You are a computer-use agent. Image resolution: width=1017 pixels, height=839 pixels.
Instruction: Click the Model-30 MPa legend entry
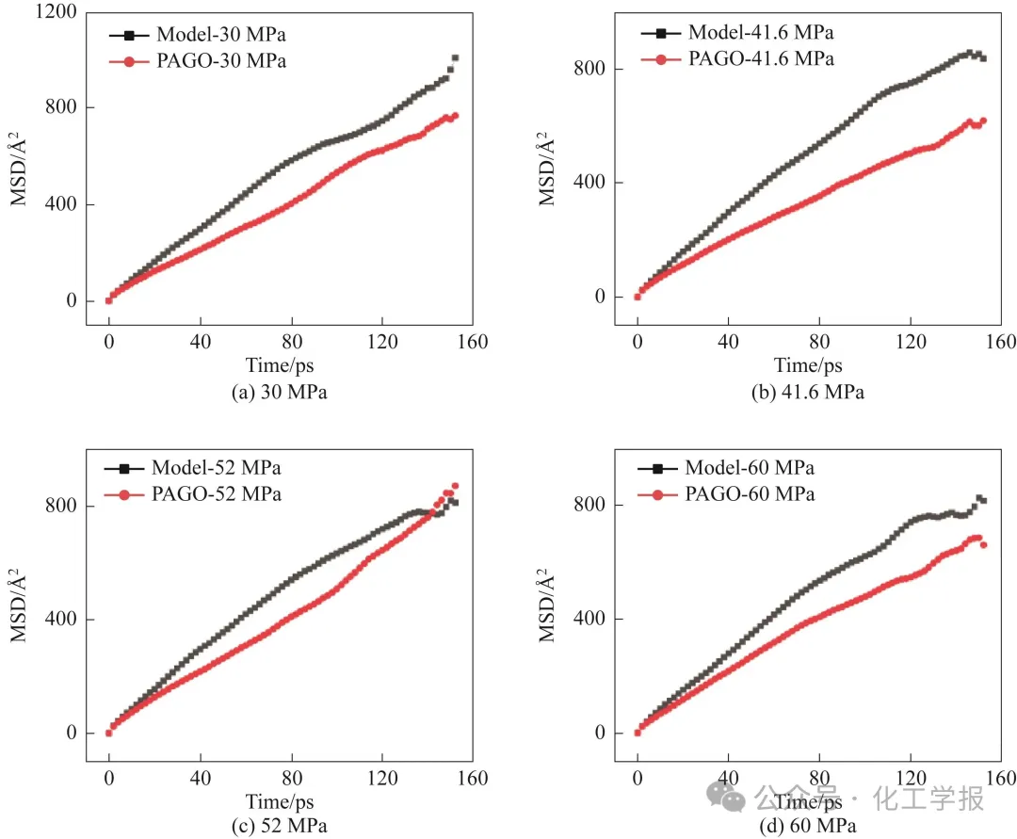tap(198, 36)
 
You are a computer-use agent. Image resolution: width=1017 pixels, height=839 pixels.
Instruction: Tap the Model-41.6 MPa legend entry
tap(737, 33)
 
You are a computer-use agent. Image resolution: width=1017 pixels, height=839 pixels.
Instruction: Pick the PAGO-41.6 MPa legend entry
tap(737, 58)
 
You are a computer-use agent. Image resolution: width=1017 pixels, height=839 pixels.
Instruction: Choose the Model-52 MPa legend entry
tap(192, 468)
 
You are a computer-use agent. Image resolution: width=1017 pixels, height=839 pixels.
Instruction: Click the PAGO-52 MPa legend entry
tap(192, 493)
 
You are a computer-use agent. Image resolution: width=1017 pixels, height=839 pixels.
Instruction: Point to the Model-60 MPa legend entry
tap(726, 468)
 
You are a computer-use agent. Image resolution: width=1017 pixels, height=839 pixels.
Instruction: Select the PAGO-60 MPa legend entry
tap(726, 493)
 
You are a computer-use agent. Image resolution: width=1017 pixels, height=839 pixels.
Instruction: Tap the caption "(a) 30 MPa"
tap(279, 394)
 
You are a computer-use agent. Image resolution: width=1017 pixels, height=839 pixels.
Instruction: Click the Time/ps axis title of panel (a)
tap(280, 365)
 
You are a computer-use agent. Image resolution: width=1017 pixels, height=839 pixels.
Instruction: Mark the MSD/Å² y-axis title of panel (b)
tap(547, 169)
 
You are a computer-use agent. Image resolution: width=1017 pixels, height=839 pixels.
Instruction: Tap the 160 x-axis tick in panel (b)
tap(999, 340)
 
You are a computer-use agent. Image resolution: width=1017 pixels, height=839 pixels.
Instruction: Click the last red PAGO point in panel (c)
tap(455, 486)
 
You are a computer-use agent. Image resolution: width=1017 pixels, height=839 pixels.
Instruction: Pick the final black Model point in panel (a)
tap(455, 58)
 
